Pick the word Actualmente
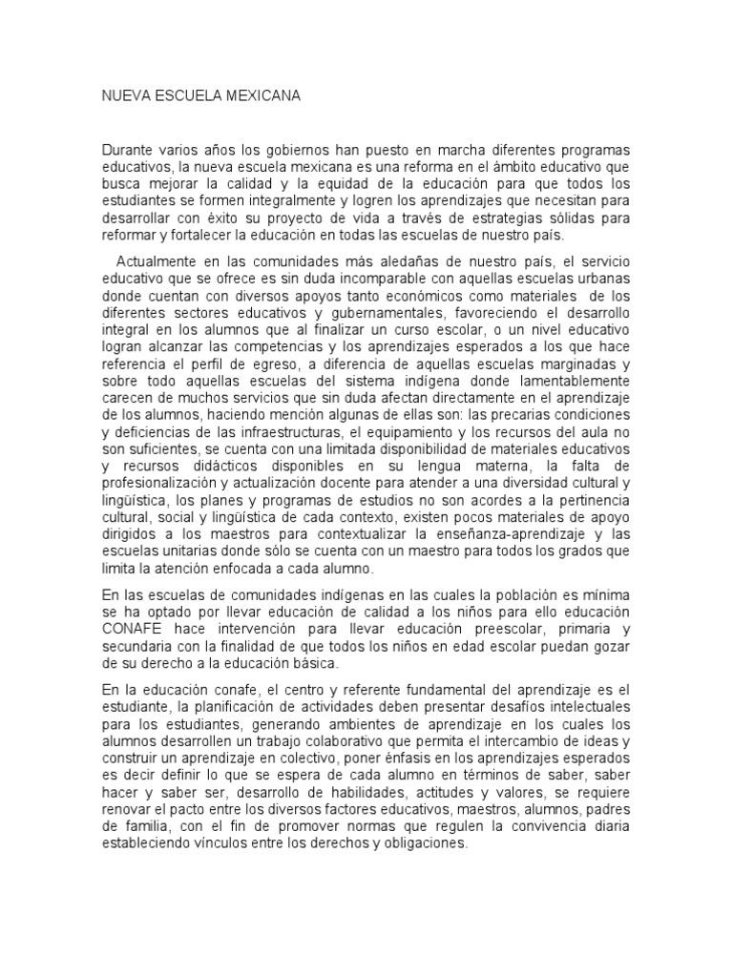(x=158, y=261)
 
